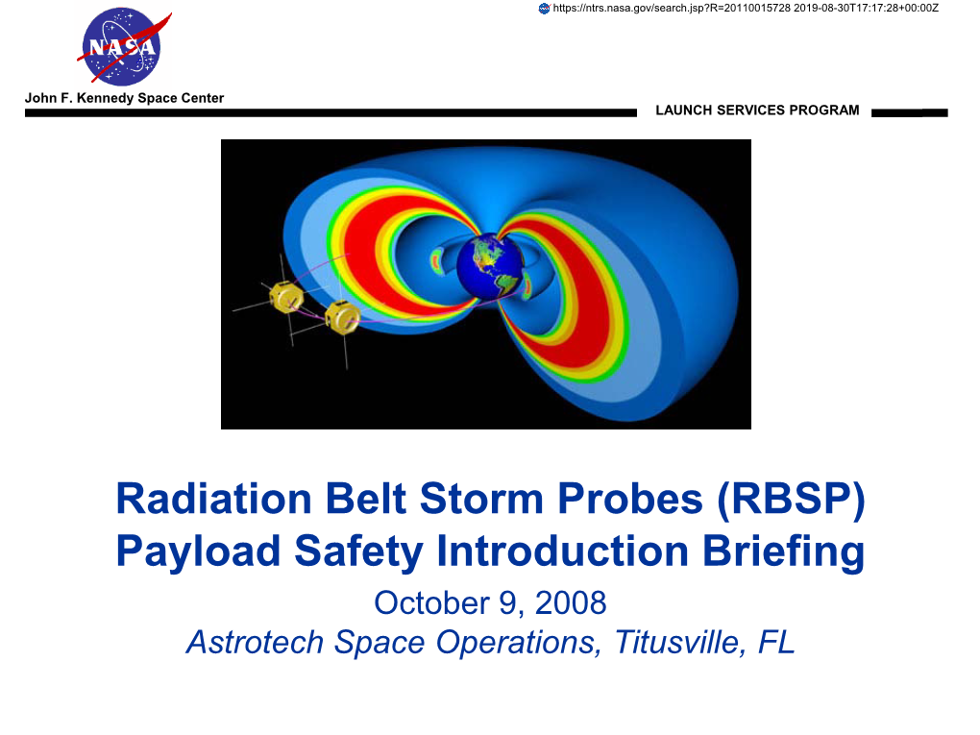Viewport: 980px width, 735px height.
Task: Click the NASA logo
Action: click(x=123, y=47)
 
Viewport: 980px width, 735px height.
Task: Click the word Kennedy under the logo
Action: click(x=105, y=98)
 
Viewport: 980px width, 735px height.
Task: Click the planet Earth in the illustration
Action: click(x=489, y=265)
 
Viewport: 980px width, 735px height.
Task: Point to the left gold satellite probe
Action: click(x=285, y=296)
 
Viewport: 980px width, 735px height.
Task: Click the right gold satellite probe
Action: click(x=342, y=317)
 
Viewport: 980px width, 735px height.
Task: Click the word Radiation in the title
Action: click(x=213, y=499)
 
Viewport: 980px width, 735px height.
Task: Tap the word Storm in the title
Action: click(x=481, y=499)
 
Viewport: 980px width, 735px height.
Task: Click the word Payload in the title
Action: click(x=198, y=551)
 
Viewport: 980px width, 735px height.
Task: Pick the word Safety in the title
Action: click(x=358, y=552)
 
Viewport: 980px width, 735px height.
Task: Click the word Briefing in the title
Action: click(x=783, y=552)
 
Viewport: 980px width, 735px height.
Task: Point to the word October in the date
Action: click(x=432, y=603)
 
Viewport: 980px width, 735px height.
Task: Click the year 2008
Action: click(x=571, y=603)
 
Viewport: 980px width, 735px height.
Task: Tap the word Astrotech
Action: click(x=255, y=643)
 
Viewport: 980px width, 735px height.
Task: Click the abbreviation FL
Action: click(x=776, y=643)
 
